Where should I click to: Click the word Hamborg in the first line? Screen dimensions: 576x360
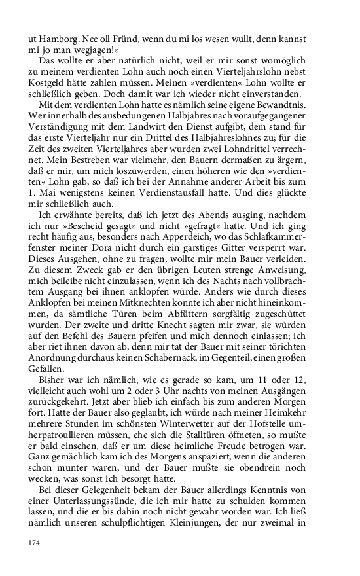coord(56,40)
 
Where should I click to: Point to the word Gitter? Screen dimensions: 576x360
coord(234,240)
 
